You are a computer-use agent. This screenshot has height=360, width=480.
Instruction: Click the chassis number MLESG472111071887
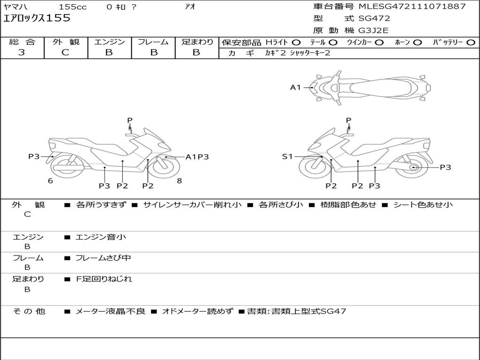(412, 7)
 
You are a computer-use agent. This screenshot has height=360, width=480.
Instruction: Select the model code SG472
(374, 19)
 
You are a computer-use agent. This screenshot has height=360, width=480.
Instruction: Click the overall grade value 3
(22, 52)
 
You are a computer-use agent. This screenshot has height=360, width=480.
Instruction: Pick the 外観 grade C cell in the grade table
(66, 52)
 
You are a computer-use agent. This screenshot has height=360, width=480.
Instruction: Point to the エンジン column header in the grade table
(109, 42)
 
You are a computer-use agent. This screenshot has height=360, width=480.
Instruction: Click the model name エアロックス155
(37, 18)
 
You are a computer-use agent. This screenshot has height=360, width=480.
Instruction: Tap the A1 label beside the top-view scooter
(295, 87)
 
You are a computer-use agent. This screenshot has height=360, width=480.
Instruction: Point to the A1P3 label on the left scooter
(197, 157)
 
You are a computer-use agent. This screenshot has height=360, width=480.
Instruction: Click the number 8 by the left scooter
(179, 181)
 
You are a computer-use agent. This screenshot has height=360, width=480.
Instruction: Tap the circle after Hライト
(296, 42)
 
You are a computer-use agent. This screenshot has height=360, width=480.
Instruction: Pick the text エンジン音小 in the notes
(101, 237)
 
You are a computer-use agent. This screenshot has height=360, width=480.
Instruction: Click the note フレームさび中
(104, 258)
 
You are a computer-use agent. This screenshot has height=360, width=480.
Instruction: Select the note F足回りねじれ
(104, 279)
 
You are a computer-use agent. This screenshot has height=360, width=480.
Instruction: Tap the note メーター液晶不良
(111, 311)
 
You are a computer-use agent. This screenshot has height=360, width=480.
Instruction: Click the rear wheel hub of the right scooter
(414, 167)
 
